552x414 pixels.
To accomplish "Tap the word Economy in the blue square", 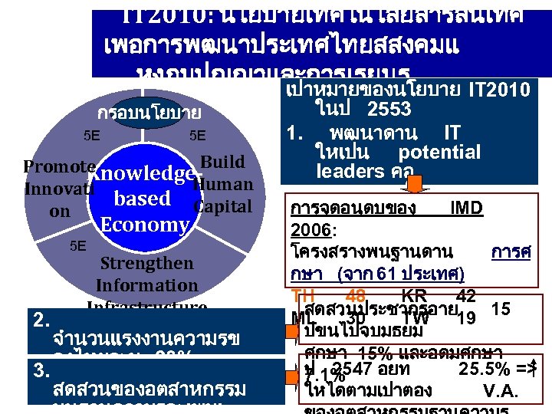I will click(144, 225).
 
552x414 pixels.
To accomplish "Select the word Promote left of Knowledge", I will click(59, 167).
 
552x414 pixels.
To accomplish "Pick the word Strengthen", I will click(146, 263).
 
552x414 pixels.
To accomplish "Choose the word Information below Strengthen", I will click(146, 285).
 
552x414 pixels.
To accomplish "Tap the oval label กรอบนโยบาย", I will click(149, 113).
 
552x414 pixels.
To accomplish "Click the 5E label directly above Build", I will click(198, 136).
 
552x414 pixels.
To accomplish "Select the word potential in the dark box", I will click(439, 152).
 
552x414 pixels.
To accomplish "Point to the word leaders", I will click(346, 170).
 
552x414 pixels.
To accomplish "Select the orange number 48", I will click(355, 296).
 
